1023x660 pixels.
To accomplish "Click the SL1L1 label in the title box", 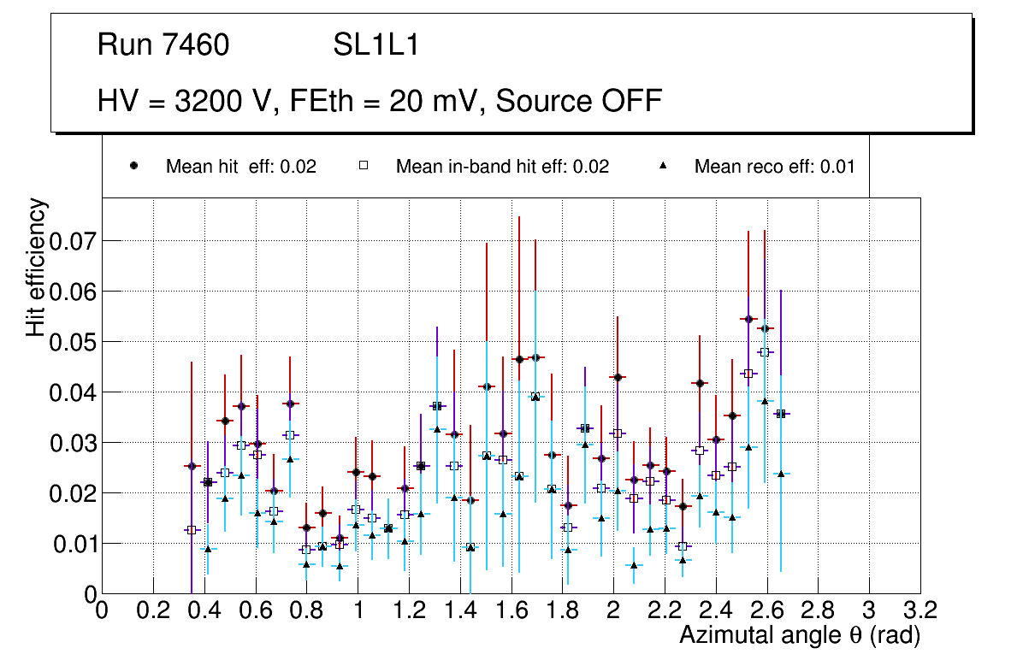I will pyautogui.click(x=375, y=45).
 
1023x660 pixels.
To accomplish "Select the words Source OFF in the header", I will pyautogui.click(x=579, y=101).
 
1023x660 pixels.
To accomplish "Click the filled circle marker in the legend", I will pyautogui.click(x=133, y=166).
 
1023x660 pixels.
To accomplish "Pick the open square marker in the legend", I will pyautogui.click(x=363, y=166).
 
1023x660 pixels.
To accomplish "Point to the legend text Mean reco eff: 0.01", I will pyautogui.click(x=774, y=167).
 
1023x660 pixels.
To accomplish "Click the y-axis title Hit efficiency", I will pyautogui.click(x=36, y=268).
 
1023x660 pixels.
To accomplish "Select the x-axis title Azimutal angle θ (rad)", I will pyautogui.click(x=800, y=635).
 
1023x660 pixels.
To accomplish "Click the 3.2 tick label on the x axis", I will pyautogui.click(x=920, y=610).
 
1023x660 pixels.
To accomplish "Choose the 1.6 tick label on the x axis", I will pyautogui.click(x=511, y=610).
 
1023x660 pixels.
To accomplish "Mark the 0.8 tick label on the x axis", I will pyautogui.click(x=306, y=610).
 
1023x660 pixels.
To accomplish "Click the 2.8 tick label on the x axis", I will pyautogui.click(x=818, y=610).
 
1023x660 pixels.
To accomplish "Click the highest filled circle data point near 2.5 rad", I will pyautogui.click(x=748, y=319).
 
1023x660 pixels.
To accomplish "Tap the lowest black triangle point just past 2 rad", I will pyautogui.click(x=634, y=565).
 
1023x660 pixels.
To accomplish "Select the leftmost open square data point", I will pyautogui.click(x=192, y=530).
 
